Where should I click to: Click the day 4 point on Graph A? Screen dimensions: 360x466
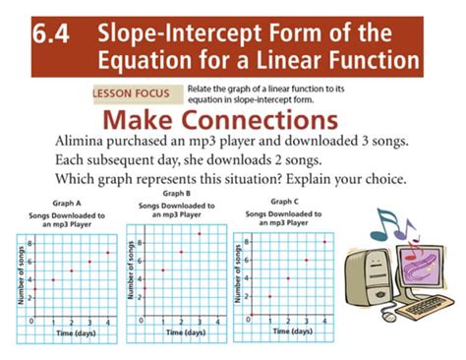click(x=107, y=253)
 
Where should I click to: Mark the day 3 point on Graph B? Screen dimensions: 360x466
click(x=200, y=234)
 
